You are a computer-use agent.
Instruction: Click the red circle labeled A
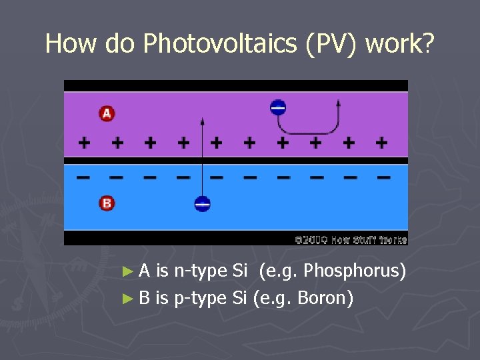tap(107, 113)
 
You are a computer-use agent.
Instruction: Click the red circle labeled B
tap(107, 203)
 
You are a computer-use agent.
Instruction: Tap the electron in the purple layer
tap(278, 107)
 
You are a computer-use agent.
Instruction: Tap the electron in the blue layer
tap(203, 204)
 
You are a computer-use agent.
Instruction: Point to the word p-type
tap(200, 297)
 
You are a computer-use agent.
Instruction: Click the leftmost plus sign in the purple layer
tap(84, 142)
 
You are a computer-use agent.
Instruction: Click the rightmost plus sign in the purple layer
tap(381, 142)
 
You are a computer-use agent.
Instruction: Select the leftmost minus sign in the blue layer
tap(84, 177)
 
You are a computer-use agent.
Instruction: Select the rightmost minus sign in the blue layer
tap(383, 177)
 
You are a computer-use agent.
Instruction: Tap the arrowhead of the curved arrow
tap(338, 103)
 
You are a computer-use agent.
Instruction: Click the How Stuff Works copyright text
tap(351, 239)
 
